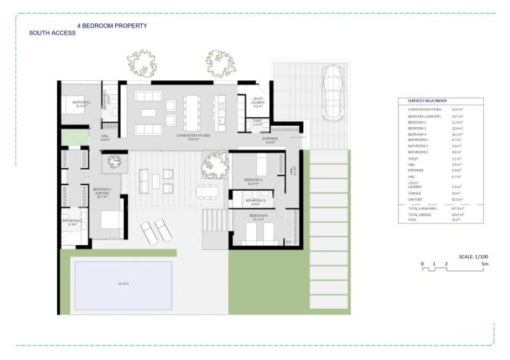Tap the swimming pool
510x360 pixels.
coord(123,284)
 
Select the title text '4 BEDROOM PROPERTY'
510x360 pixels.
coord(112,25)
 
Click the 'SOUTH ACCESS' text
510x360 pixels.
coord(52,33)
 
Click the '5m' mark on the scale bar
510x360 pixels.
coord(485,265)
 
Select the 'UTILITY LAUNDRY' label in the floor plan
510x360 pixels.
coord(258,101)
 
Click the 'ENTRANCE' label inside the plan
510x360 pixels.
coord(270,141)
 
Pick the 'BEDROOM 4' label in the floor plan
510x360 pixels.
coord(258,215)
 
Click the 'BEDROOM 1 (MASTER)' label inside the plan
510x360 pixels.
coord(102,192)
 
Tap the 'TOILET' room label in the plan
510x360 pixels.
coord(257,122)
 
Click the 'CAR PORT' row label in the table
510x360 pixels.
coord(416,200)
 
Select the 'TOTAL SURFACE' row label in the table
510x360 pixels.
coord(419,215)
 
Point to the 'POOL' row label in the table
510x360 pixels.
coord(412,220)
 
